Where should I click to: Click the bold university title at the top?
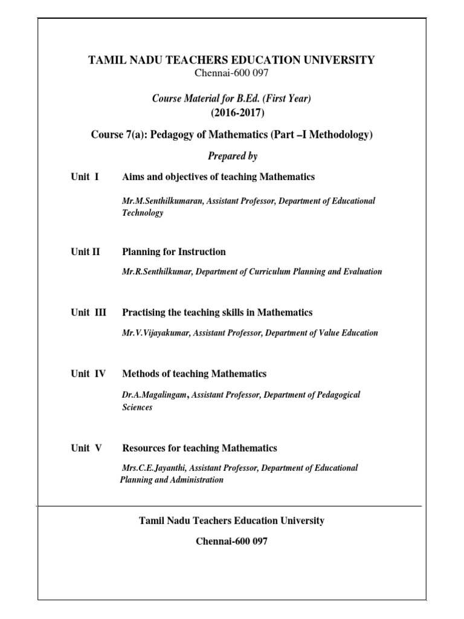click(x=231, y=60)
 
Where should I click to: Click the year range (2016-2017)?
click(x=231, y=113)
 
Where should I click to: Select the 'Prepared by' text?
click(x=233, y=156)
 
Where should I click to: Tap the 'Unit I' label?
click(x=85, y=177)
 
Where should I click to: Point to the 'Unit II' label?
click(x=85, y=252)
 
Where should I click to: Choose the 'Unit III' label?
click(x=88, y=313)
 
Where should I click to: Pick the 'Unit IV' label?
click(x=88, y=374)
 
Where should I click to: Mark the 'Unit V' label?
click(x=86, y=448)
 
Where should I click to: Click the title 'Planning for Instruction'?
click(x=174, y=252)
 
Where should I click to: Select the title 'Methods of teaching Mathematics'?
click(x=194, y=374)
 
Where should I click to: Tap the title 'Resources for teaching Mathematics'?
click(x=199, y=448)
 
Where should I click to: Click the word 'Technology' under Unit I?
click(x=143, y=213)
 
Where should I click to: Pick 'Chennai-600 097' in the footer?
click(x=231, y=542)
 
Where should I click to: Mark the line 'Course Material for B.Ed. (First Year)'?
click(x=231, y=99)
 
